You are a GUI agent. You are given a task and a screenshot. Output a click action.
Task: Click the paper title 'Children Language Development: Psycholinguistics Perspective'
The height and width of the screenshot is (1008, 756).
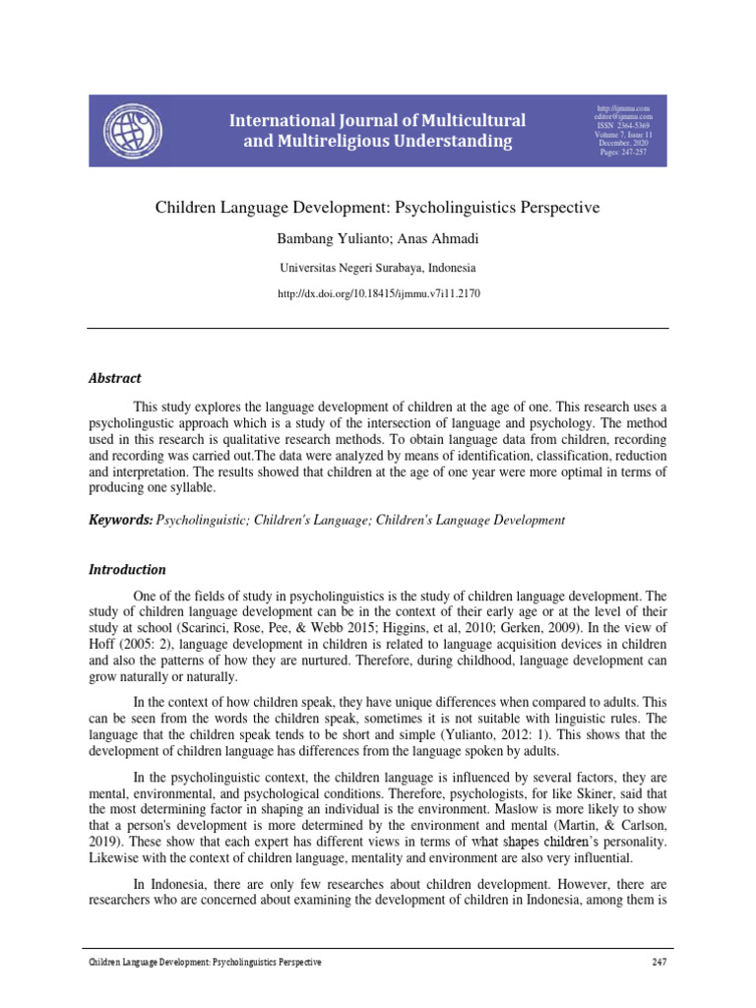click(378, 209)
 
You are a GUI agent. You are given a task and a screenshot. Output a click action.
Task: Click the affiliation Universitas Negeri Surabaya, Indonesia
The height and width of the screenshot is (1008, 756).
click(378, 267)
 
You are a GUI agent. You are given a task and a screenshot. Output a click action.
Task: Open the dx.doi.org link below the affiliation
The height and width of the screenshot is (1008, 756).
click(378, 293)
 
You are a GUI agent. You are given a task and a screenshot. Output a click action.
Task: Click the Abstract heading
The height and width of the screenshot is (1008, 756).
click(115, 378)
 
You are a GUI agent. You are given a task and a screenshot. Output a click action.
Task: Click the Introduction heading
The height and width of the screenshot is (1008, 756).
click(128, 570)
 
